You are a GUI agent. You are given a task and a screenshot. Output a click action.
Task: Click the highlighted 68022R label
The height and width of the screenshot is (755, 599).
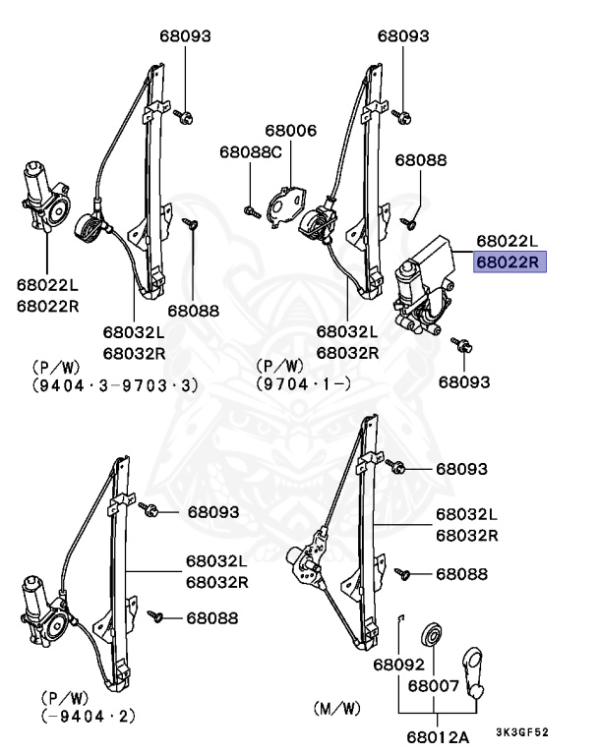pos(508,262)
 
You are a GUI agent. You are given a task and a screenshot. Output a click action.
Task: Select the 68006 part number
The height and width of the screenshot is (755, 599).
pos(290,131)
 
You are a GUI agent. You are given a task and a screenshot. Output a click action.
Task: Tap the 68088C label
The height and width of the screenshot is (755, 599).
pos(250,152)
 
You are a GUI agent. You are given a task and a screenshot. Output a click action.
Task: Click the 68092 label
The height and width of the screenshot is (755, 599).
pos(396,665)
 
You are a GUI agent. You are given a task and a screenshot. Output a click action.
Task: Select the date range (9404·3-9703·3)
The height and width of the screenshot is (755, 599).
pos(115,385)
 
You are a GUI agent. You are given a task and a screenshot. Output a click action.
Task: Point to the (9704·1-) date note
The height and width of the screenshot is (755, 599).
pos(304,385)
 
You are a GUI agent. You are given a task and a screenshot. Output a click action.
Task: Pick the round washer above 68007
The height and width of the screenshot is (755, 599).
pos(430,633)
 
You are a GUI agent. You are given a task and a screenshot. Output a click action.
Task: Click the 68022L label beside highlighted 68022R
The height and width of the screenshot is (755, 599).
pos(508,241)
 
